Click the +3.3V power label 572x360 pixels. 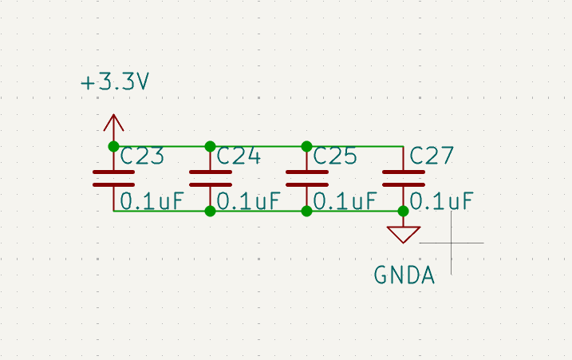(x=115, y=81)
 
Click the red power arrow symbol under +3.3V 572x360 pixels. (x=113, y=123)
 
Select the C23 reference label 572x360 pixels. (x=142, y=156)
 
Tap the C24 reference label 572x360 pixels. (x=239, y=156)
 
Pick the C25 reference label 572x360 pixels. (x=335, y=156)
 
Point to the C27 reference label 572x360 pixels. (x=432, y=156)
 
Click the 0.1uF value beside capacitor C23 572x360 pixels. (x=152, y=201)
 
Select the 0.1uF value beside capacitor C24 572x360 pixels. (x=248, y=201)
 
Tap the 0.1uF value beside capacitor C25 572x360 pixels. (x=345, y=201)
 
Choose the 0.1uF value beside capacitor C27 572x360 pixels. (x=441, y=201)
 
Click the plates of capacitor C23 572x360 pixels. (x=113, y=179)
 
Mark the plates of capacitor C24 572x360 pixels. (x=210, y=179)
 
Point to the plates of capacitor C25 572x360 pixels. (x=307, y=179)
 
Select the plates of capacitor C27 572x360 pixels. (x=403, y=179)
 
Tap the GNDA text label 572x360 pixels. (x=404, y=275)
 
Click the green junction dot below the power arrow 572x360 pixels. (x=113, y=146)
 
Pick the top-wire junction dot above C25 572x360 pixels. (x=307, y=146)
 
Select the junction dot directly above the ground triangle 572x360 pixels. (x=403, y=211)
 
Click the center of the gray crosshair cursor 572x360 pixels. (x=452, y=243)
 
